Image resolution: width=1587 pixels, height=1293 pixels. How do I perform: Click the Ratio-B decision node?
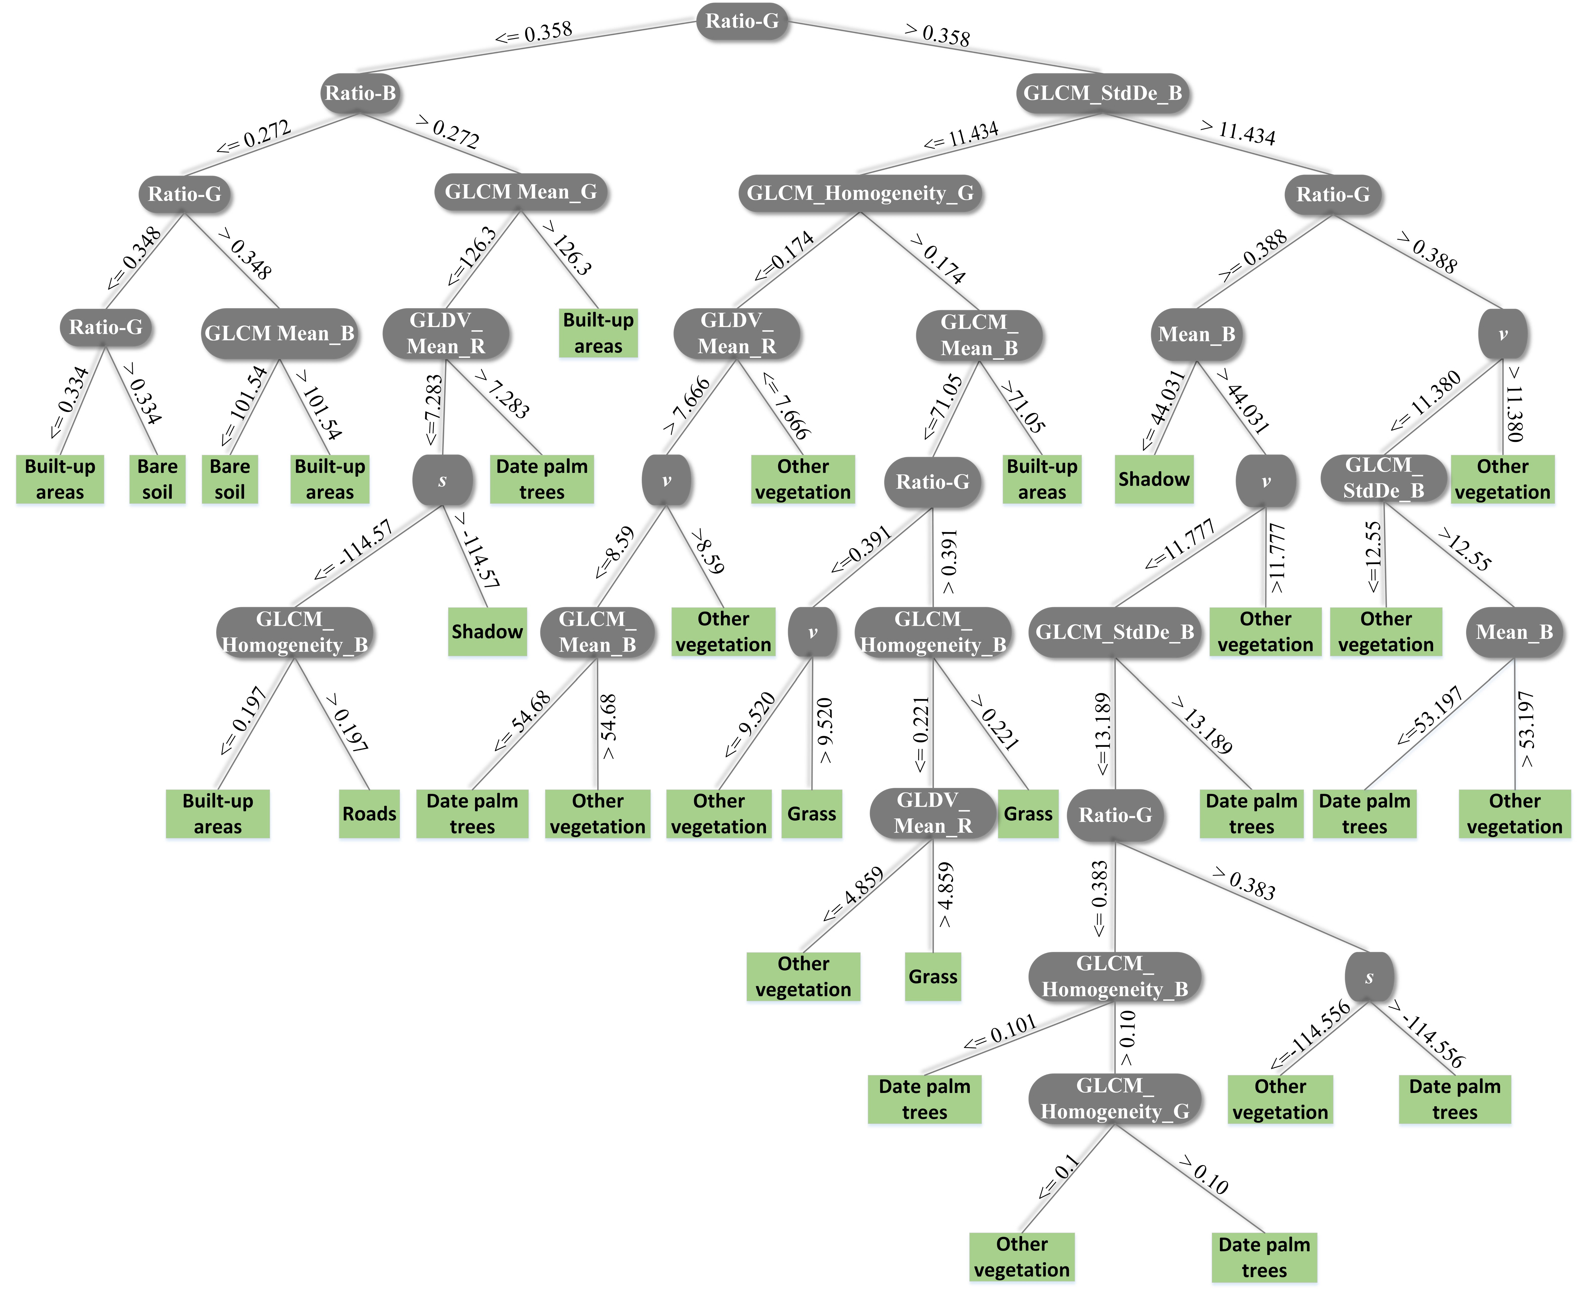(x=360, y=93)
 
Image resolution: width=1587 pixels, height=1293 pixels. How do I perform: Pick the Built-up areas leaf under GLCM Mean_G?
(x=598, y=333)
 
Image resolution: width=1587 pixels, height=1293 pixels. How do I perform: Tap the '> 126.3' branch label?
(x=568, y=248)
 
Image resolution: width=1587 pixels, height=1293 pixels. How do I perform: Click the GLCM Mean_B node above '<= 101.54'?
(x=279, y=334)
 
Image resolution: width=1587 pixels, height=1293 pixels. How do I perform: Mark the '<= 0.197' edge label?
(x=244, y=720)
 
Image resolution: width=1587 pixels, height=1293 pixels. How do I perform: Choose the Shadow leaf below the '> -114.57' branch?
(x=487, y=632)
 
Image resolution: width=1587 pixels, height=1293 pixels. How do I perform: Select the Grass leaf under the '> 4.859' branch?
(x=932, y=976)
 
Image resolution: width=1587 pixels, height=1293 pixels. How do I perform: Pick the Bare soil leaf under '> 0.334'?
(x=157, y=479)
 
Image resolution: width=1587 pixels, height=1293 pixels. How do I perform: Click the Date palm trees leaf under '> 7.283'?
(x=541, y=479)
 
